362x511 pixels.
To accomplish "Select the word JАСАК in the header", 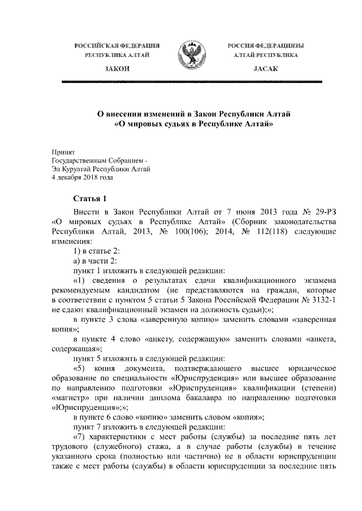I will [x=264, y=68].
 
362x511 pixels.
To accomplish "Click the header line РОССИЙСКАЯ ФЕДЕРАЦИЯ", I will [x=118, y=45].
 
